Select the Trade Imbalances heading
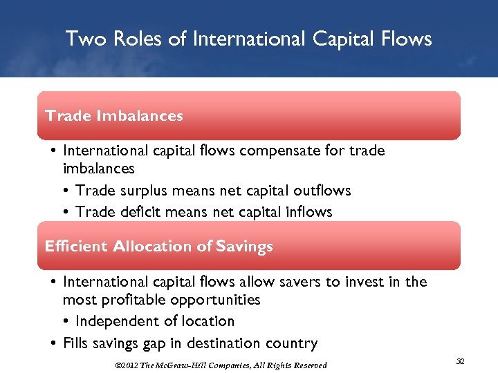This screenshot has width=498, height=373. pos(114,116)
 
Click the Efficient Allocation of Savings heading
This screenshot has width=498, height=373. pos(158,247)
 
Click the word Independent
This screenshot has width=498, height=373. pos(115,321)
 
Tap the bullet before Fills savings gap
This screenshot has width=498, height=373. pos(54,343)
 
